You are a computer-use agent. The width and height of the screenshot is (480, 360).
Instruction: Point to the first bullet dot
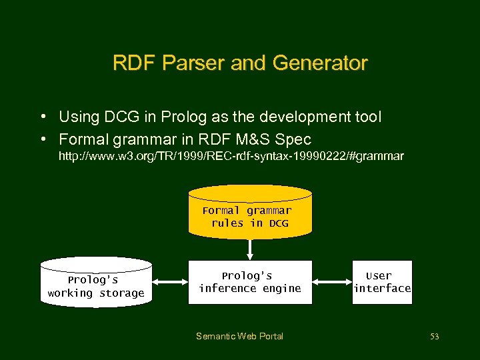point(42,117)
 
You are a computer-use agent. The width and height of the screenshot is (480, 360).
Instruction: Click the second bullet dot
point(42,139)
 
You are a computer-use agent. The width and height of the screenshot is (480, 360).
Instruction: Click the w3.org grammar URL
point(231,157)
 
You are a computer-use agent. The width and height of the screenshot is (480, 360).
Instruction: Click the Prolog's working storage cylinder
point(96,283)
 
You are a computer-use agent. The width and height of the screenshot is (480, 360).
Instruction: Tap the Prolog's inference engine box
point(250,282)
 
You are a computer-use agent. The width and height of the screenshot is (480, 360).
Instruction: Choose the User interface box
point(383,282)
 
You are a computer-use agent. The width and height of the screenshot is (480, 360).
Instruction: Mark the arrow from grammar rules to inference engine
point(250,249)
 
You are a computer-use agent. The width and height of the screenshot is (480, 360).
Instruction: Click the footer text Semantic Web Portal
point(239,336)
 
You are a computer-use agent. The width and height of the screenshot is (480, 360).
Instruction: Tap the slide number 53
point(435,337)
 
